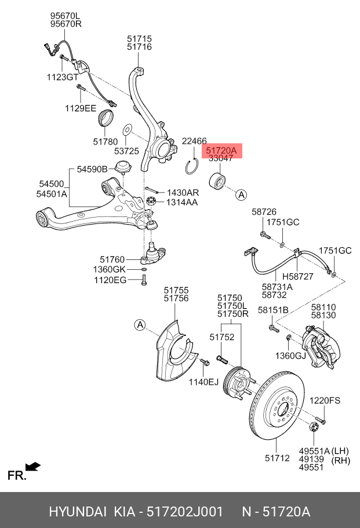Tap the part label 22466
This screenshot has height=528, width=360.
[x=194, y=141]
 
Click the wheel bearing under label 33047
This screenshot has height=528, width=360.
[x=218, y=178]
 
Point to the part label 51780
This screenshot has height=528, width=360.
[x=105, y=142]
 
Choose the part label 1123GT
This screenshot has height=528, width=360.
[x=62, y=77]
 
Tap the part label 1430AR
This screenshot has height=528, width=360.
[x=183, y=192]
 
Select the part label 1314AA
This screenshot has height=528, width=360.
[x=182, y=202]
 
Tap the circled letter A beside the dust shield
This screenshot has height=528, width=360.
[x=140, y=325]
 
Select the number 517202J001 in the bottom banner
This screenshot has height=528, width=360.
[x=184, y=512]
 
